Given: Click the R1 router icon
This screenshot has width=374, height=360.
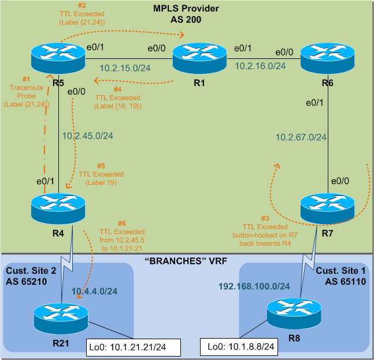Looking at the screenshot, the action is tap(199, 58).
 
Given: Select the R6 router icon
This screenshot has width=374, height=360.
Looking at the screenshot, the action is tap(328, 58).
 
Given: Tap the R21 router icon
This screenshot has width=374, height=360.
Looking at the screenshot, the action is tap(61, 318).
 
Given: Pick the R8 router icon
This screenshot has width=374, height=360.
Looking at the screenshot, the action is tap(294, 314).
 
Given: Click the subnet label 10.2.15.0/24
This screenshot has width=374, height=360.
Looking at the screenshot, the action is tap(125, 68).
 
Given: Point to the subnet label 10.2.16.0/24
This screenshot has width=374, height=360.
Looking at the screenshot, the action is tap(260, 66).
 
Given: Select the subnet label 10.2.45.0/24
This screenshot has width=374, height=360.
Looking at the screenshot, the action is tap(87, 136).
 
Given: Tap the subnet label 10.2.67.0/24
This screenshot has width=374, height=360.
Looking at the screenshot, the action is tap(301, 138).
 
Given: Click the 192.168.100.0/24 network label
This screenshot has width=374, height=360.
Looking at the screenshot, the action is tap(254, 286).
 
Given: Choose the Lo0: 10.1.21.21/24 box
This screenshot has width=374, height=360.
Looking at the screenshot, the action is tap(134, 347).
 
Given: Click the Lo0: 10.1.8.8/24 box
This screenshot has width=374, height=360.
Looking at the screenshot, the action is tap(239, 347).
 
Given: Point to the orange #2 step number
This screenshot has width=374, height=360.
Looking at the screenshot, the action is tap(82, 5).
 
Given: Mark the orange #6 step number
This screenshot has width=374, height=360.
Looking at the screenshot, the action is tap(122, 224).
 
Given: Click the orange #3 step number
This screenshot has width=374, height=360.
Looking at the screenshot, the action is tap(265, 218).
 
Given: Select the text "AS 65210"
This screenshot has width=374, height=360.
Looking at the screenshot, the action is tap(26, 281).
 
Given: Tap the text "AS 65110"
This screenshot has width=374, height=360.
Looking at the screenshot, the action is tap(345, 281).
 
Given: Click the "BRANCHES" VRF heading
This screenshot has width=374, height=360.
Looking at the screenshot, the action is tap(186, 261).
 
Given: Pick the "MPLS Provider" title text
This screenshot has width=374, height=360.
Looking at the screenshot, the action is tap(186, 8).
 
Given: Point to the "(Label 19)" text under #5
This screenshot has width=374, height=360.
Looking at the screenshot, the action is tap(101, 183).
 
